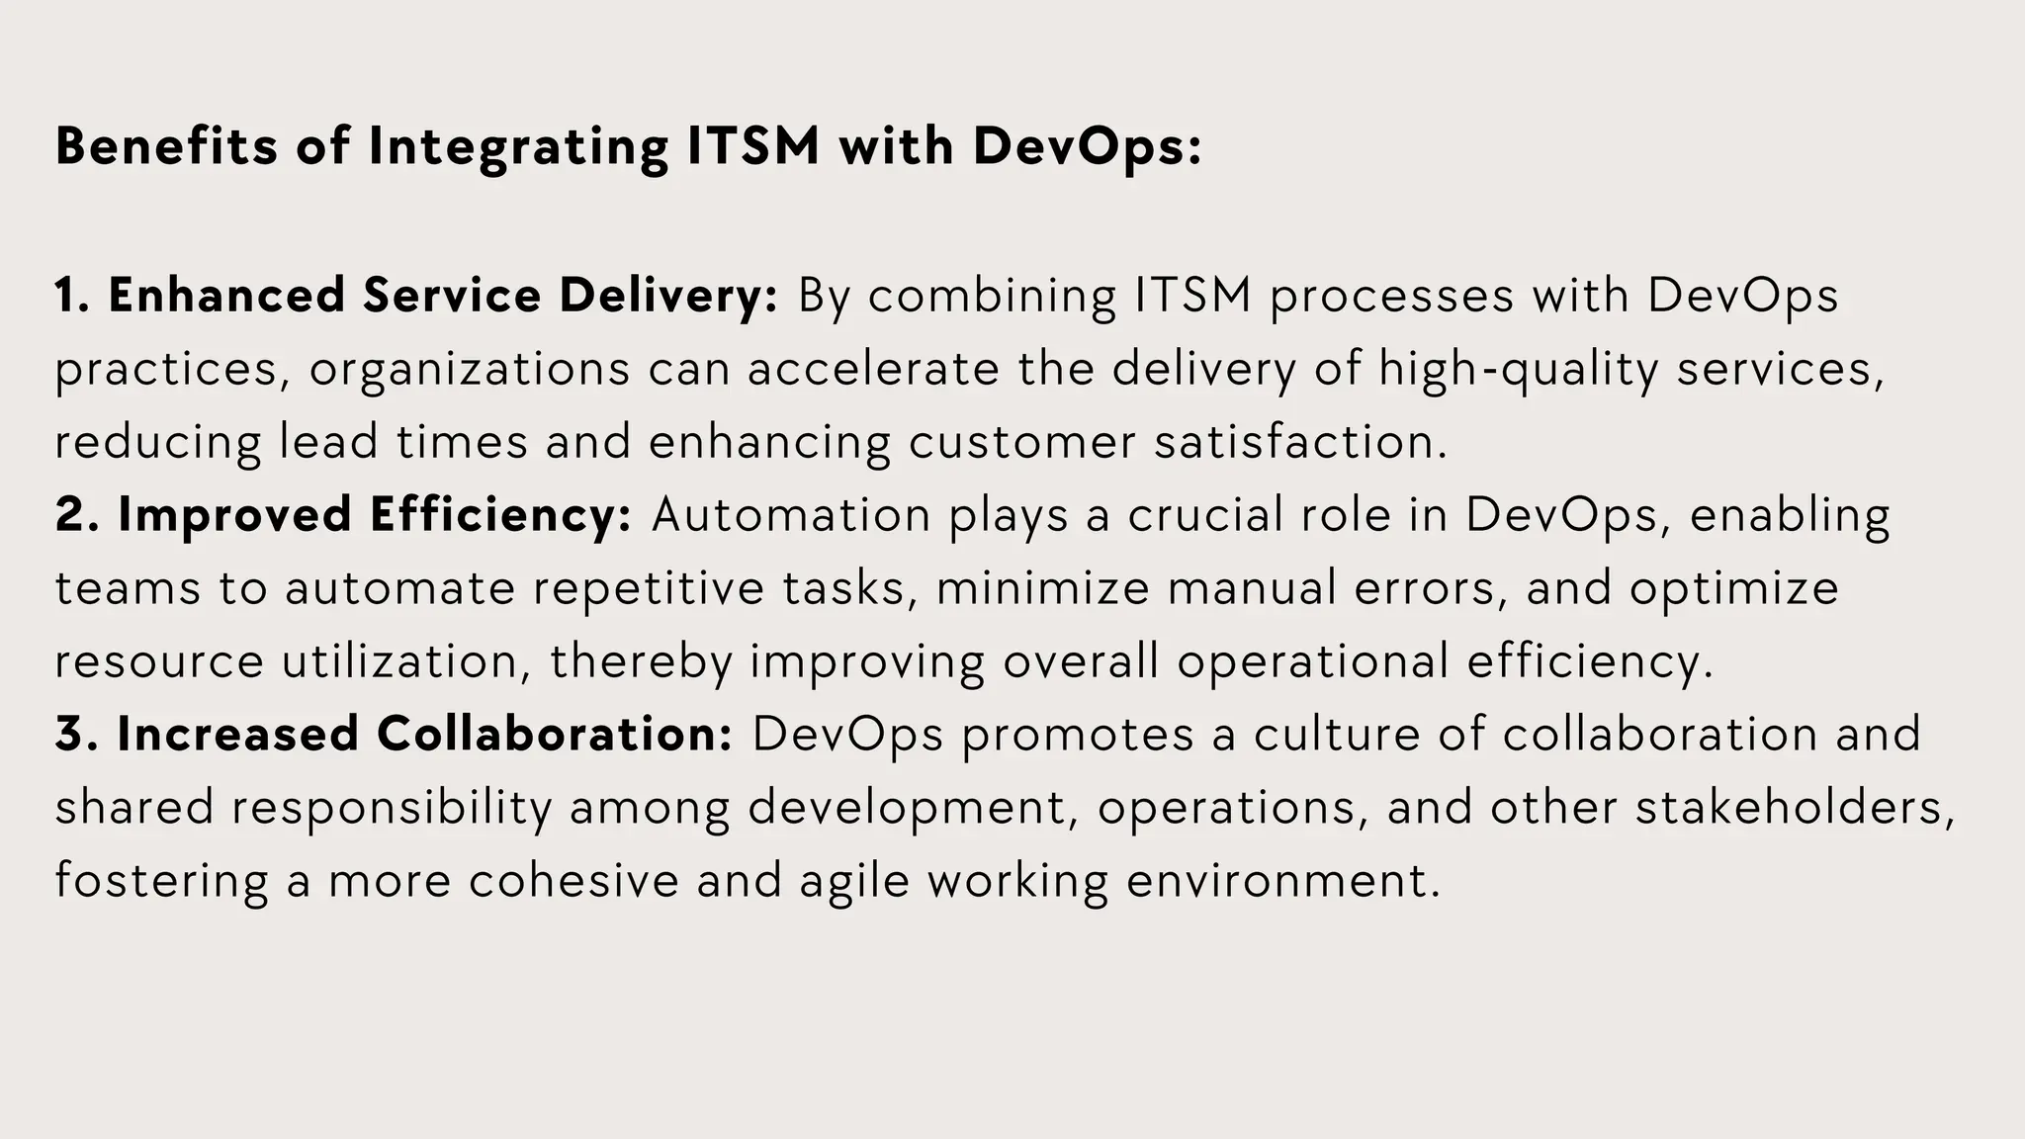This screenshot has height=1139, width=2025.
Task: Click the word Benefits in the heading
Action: point(166,146)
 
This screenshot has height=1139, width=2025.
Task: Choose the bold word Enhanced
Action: point(226,296)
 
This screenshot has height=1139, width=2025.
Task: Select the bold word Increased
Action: point(237,735)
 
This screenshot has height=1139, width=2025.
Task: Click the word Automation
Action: point(791,515)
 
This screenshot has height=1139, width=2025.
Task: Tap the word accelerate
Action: point(873,369)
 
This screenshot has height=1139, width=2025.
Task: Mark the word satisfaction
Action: point(1299,442)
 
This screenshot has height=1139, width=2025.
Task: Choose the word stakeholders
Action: point(1795,808)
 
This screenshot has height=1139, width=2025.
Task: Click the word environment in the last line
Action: point(1282,881)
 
